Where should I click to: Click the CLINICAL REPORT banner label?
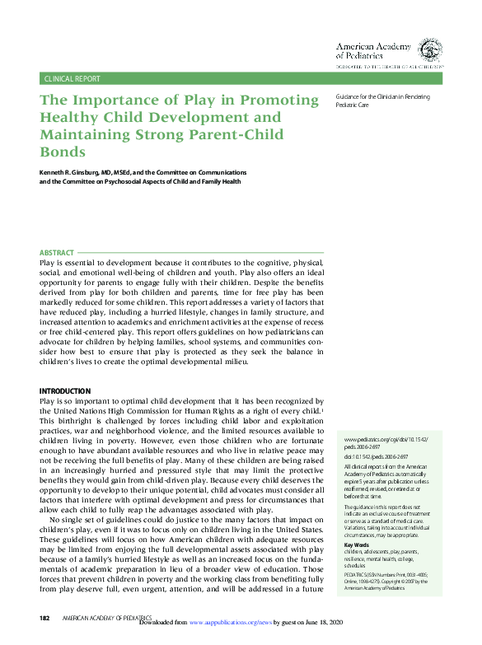point(72,79)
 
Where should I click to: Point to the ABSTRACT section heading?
point(57,252)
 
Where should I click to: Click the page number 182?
point(45,618)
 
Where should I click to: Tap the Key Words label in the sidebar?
point(357,522)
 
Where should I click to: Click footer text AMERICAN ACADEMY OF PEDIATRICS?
point(105,618)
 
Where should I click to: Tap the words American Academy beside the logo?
point(367,47)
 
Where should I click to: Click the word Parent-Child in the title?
point(247,135)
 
